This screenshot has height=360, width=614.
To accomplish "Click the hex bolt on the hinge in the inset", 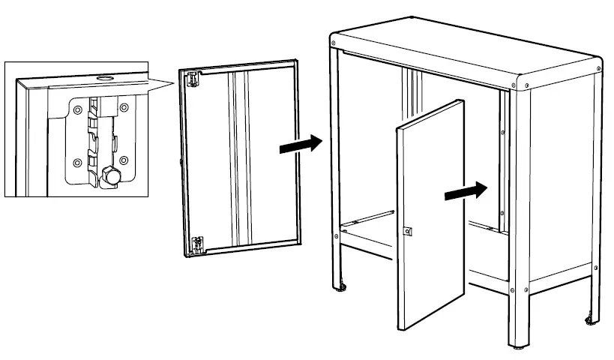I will click(x=109, y=177).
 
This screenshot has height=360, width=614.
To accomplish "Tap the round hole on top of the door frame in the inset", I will click(x=103, y=77).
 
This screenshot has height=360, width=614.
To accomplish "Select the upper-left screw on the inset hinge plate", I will click(x=76, y=110).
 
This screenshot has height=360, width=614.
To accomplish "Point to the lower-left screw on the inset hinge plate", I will click(x=76, y=160).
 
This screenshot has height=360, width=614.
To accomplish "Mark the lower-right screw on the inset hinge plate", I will click(x=124, y=160).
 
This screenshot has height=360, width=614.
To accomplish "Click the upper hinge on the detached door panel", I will click(x=193, y=78).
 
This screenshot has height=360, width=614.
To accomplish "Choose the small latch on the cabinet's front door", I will click(x=408, y=232).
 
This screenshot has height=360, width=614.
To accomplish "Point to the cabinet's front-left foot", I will click(x=342, y=286).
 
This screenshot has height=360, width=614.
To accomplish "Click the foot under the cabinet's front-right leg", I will click(x=518, y=348).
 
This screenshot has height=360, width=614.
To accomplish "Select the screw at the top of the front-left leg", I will click(x=334, y=49).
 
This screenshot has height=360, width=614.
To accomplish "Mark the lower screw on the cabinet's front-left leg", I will click(x=336, y=237).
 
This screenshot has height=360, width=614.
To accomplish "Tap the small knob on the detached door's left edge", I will click(x=181, y=159).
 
